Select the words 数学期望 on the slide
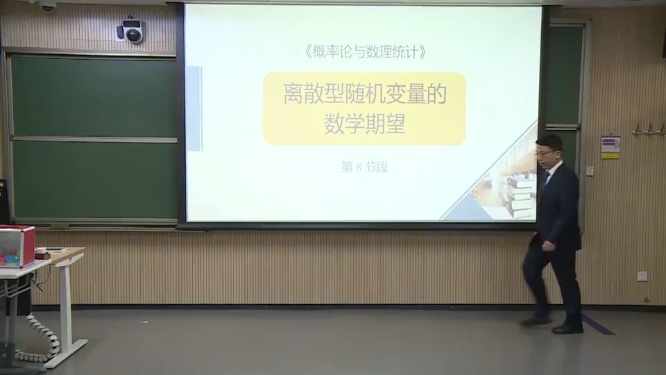(x=364, y=124)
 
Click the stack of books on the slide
(x=520, y=195)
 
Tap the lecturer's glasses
(x=545, y=151)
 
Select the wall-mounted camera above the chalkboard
(x=130, y=31)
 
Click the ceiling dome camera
(x=47, y=6)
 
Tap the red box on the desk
(x=17, y=246)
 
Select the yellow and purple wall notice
(x=610, y=147)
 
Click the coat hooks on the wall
(x=648, y=129)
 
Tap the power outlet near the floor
(x=642, y=276)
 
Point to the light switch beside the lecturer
(x=590, y=170)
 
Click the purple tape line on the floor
(x=597, y=324)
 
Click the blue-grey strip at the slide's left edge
(x=194, y=108)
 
